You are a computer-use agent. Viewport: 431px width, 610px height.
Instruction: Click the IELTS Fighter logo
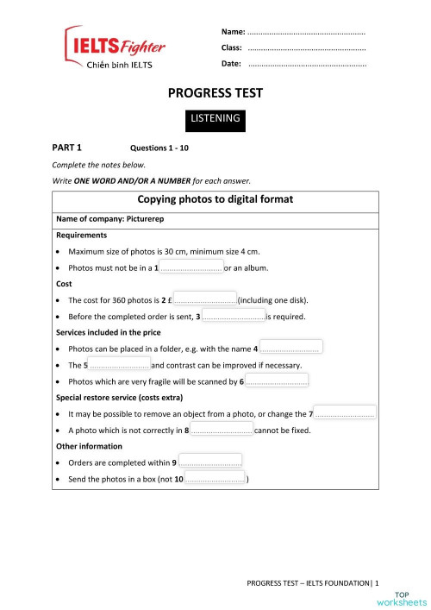pyautogui.click(x=115, y=46)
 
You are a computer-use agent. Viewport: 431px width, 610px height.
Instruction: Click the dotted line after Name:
pyautogui.click(x=306, y=32)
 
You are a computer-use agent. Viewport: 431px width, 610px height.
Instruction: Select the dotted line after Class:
pyautogui.click(x=306, y=48)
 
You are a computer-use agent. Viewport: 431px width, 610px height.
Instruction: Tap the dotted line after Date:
pyautogui.click(x=306, y=65)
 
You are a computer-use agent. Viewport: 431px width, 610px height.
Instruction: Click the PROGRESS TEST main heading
pyautogui.click(x=215, y=92)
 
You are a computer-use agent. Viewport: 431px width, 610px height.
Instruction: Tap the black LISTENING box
pyautogui.click(x=215, y=118)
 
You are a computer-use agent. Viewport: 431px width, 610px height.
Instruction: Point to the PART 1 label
pyautogui.click(x=66, y=148)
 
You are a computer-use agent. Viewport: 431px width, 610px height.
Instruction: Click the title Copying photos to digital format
pyautogui.click(x=215, y=199)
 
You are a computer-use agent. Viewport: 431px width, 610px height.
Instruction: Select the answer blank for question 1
pyautogui.click(x=191, y=267)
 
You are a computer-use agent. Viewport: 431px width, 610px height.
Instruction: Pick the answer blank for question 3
pyautogui.click(x=234, y=317)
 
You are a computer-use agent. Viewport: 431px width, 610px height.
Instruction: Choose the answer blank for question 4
pyautogui.click(x=290, y=349)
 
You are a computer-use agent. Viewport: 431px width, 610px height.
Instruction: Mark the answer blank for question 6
pyautogui.click(x=277, y=382)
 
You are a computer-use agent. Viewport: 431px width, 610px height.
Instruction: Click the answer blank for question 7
pyautogui.click(x=345, y=414)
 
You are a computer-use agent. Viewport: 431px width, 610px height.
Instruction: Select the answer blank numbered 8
pyautogui.click(x=222, y=431)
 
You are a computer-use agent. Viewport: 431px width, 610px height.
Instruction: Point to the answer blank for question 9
pyautogui.click(x=209, y=462)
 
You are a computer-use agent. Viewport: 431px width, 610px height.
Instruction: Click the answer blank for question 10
pyautogui.click(x=215, y=479)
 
